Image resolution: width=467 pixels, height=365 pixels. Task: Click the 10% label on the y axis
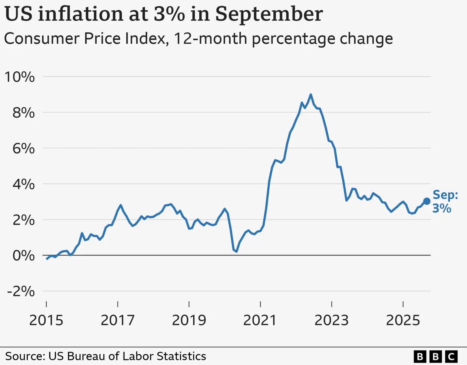[19, 77]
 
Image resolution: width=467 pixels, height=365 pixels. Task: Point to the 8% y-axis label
[23, 113]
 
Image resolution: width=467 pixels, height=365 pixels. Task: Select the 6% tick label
[23, 149]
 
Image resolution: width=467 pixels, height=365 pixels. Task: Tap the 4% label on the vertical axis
[23, 184]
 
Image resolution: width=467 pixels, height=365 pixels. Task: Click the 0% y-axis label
[23, 256]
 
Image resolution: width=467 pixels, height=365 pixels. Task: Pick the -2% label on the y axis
[21, 291]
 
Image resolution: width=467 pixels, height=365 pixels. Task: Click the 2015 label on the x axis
[46, 320]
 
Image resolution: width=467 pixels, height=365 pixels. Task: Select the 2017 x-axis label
[118, 320]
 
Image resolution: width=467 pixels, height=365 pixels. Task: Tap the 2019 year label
[189, 320]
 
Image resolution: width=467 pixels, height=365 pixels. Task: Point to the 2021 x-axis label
[260, 320]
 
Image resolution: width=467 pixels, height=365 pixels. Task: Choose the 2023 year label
[331, 320]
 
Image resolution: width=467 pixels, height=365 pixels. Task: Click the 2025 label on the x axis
[403, 320]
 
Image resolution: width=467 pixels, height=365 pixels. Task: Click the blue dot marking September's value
[427, 201]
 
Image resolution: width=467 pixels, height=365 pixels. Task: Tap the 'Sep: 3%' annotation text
[445, 201]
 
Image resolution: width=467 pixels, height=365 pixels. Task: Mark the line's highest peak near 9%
[310, 95]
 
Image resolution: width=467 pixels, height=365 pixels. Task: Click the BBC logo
[435, 356]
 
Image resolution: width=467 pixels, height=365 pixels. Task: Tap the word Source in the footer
[25, 356]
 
